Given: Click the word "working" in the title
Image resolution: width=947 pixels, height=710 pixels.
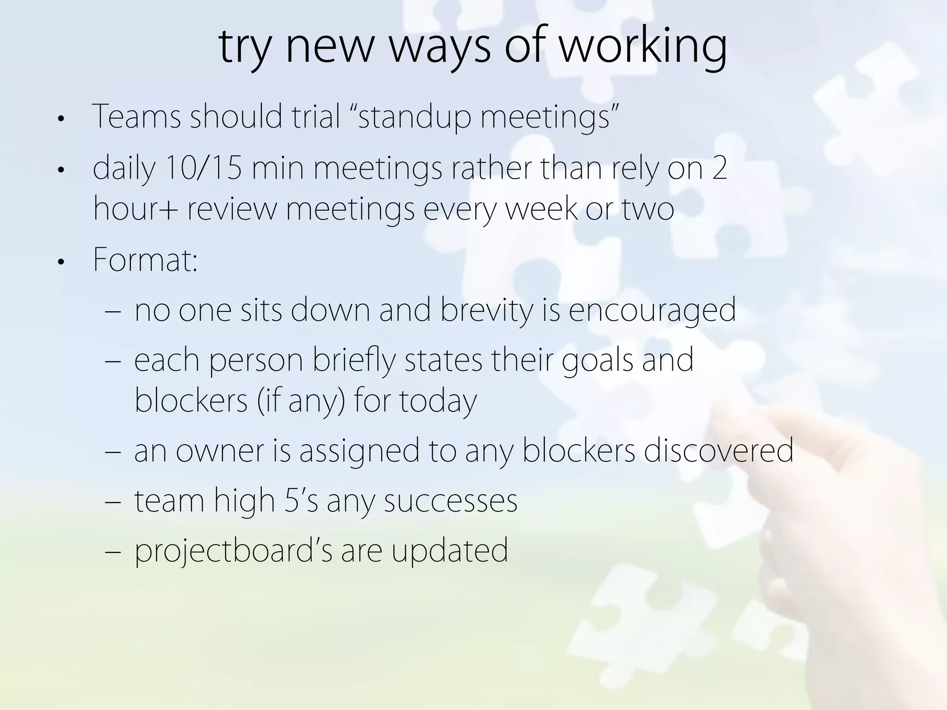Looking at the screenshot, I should click(x=643, y=47).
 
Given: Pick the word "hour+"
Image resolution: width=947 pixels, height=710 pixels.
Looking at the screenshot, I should click(x=135, y=208).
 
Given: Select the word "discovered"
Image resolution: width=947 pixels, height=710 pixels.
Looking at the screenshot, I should click(x=719, y=451).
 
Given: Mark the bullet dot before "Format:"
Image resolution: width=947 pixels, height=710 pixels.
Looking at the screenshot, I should click(x=60, y=263).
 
